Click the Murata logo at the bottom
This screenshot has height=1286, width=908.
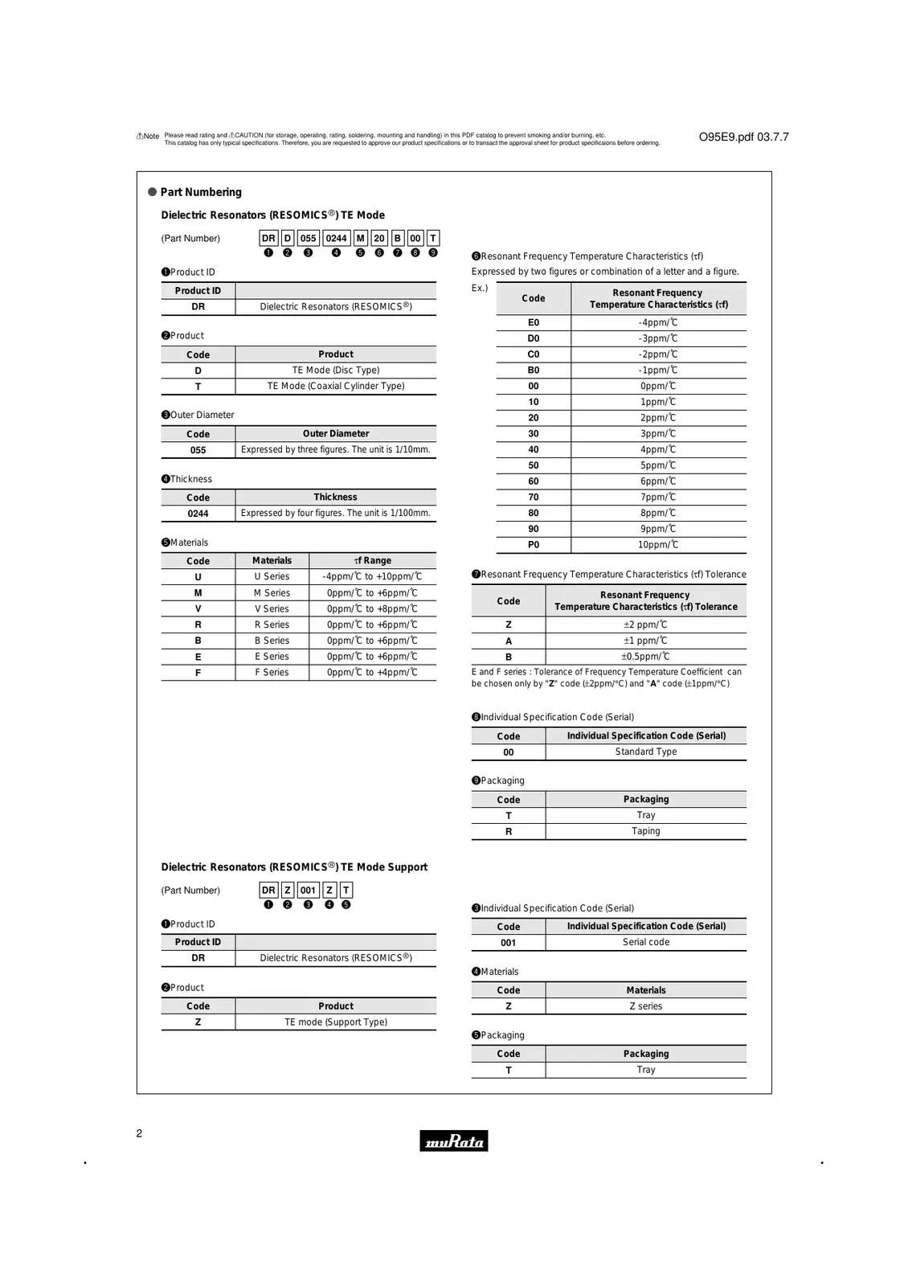pyautogui.click(x=453, y=1141)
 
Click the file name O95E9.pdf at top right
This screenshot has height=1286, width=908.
pyautogui.click(x=743, y=137)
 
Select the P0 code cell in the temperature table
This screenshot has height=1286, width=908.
pyautogui.click(x=534, y=545)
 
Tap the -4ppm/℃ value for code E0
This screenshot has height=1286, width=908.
pyautogui.click(x=658, y=322)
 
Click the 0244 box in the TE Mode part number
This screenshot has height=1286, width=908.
pyautogui.click(x=336, y=238)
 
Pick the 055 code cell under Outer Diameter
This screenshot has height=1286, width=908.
pyautogui.click(x=198, y=450)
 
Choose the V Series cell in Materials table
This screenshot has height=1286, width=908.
pyautogui.click(x=272, y=609)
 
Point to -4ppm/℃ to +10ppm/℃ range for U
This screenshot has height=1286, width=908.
pyautogui.click(x=372, y=576)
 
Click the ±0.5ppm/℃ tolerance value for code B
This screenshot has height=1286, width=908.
pyautogui.click(x=645, y=657)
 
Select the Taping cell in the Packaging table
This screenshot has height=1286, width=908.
pyautogui.click(x=645, y=831)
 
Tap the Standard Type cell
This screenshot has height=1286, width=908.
pyautogui.click(x=645, y=752)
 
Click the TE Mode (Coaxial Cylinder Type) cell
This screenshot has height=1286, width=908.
pyautogui.click(x=336, y=386)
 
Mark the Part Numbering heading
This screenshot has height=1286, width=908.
pyautogui.click(x=201, y=192)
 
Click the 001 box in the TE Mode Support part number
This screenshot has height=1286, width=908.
pyautogui.click(x=308, y=890)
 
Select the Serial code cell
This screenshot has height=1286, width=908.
pyautogui.click(x=645, y=942)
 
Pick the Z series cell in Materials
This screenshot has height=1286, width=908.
pyautogui.click(x=645, y=1006)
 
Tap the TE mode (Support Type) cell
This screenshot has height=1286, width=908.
pyautogui.click(x=336, y=1022)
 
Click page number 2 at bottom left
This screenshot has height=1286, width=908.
pyautogui.click(x=139, y=1133)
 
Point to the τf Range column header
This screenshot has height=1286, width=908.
pyautogui.click(x=372, y=560)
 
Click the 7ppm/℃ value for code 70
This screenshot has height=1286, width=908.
pyautogui.click(x=658, y=497)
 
